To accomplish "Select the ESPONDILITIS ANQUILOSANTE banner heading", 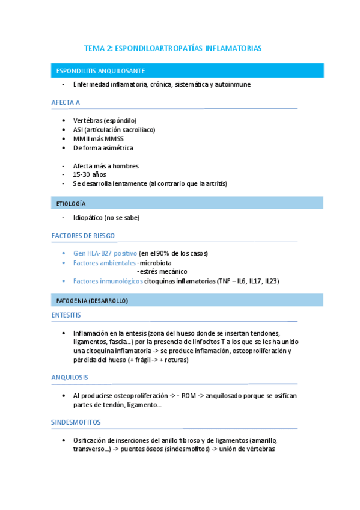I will click(100, 71).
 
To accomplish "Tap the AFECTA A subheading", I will click(66, 102).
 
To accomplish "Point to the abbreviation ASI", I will click(78, 129).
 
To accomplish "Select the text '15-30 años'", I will click(90, 174).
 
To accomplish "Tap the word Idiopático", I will click(87, 218).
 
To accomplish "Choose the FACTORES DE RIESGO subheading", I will click(83, 236).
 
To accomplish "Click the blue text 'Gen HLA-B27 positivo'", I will click(105, 253).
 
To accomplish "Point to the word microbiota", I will click(156, 263).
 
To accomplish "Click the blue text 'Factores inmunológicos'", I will click(104, 281).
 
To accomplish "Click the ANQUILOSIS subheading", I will click(70, 377).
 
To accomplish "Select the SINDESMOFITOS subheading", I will click(76, 422).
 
